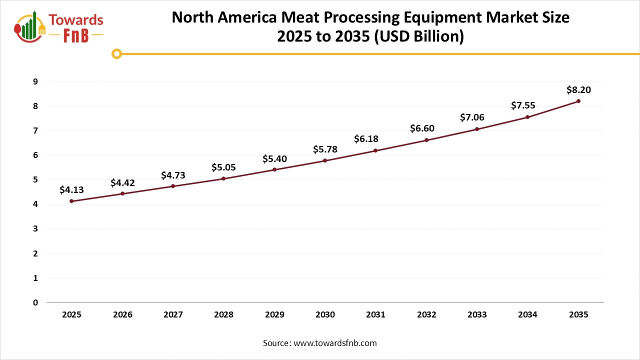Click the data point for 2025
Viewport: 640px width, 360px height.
pyautogui.click(x=72, y=201)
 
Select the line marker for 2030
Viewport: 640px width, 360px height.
pyautogui.click(x=325, y=160)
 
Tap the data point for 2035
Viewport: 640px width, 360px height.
pyautogui.click(x=578, y=101)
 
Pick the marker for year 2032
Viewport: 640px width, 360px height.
pyautogui.click(x=426, y=140)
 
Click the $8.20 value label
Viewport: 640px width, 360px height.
pyautogui.click(x=578, y=90)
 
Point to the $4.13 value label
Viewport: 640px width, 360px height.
pyautogui.click(x=72, y=190)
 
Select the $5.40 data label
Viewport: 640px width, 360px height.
pyautogui.click(x=274, y=159)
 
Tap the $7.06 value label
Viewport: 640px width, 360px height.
pyautogui.click(x=477, y=118)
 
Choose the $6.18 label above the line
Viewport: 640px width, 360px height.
pyautogui.click(x=375, y=139)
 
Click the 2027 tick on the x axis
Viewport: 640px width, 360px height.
pyautogui.click(x=173, y=314)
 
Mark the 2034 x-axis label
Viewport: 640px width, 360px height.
pyautogui.click(x=527, y=314)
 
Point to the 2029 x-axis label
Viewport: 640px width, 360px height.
pyautogui.click(x=274, y=314)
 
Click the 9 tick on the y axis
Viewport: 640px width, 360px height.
pyautogui.click(x=35, y=81)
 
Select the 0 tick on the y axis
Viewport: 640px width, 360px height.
pyautogui.click(x=35, y=302)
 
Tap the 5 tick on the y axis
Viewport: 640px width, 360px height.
pyautogui.click(x=35, y=179)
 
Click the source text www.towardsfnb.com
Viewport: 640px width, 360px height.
pyautogui.click(x=334, y=343)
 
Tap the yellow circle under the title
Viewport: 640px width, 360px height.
pyautogui.click(x=116, y=53)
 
